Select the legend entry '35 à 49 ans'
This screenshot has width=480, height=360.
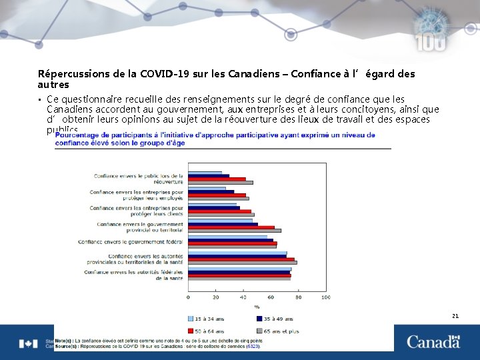tap(278, 319)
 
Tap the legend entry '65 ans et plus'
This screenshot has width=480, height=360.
tap(281, 331)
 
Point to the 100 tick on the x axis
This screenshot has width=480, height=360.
tap(325, 297)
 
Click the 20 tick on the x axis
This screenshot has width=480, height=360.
tap(215, 297)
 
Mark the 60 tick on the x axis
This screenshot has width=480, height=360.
tap(271, 297)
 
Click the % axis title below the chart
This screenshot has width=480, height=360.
tap(257, 307)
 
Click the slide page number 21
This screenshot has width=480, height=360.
tap(455, 316)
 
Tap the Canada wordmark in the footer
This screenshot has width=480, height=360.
tap(433, 342)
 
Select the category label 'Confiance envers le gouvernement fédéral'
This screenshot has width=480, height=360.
tap(131, 241)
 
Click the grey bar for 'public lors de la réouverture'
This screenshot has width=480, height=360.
tap(220, 183)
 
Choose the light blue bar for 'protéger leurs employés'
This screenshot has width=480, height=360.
tap(207, 188)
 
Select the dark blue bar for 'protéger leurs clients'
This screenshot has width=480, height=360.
tap(213, 207)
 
